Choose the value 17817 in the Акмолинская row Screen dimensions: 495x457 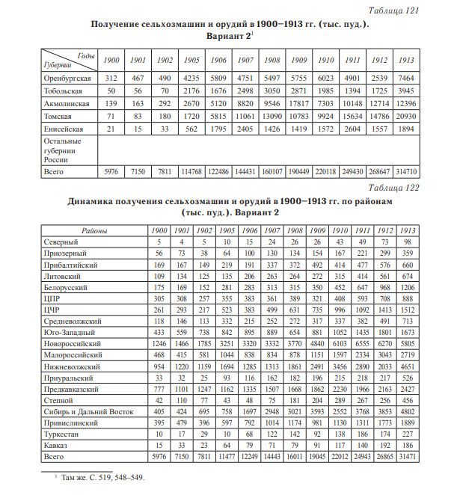(x=299, y=103)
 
